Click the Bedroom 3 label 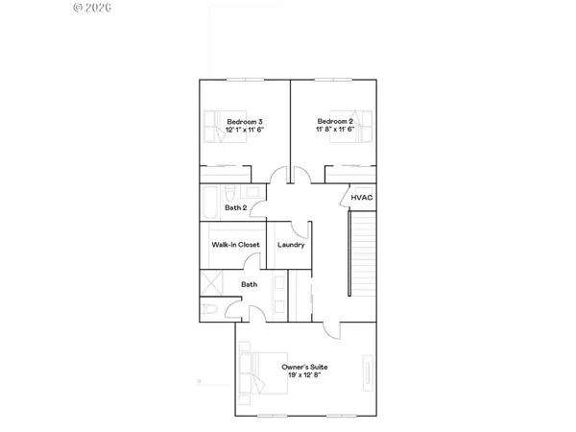coord(245,121)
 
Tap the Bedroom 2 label coord(337,121)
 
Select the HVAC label coord(361,198)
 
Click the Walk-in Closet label coord(235,245)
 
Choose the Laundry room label coord(291,245)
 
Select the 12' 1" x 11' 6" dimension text coord(245,129)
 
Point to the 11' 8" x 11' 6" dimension coord(337,129)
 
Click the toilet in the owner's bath coord(209,309)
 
